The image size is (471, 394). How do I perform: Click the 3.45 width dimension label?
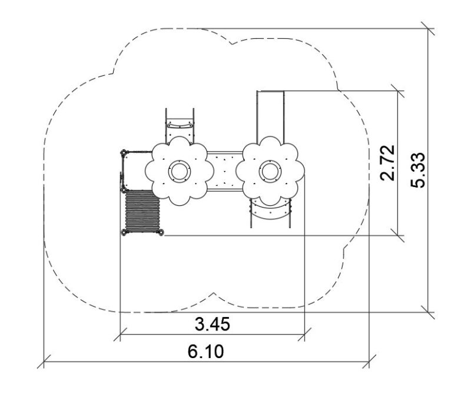tap(213, 324)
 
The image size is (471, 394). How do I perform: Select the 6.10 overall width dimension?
tap(205, 352)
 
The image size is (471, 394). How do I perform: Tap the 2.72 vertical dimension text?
tap(387, 163)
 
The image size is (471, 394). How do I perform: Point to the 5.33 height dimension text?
tap(418, 171)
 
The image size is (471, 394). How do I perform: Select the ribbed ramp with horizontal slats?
tap(142, 211)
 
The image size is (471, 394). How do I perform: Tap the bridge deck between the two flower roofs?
tap(225, 171)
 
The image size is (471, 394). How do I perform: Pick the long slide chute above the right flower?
tap(270, 115)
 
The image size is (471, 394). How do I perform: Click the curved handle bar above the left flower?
tap(180, 125)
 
